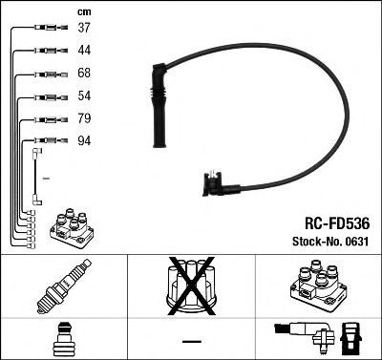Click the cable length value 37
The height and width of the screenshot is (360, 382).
[x=84, y=28]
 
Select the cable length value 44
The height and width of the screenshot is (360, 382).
[x=84, y=50]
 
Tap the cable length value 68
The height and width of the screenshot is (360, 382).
[x=84, y=74]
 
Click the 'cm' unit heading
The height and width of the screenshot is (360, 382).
[x=82, y=11]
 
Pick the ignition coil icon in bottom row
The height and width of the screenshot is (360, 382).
[x=317, y=285]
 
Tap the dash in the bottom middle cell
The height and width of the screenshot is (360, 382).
[x=191, y=340]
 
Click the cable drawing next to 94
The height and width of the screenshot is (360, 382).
[x=38, y=146]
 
